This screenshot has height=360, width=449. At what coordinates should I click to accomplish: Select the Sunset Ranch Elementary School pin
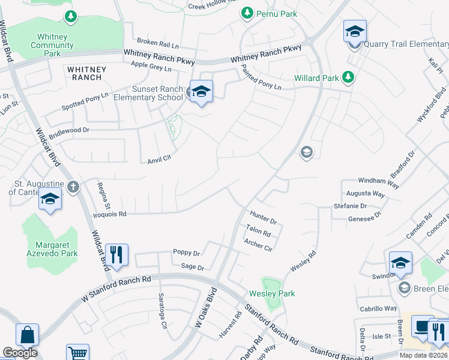(201, 92)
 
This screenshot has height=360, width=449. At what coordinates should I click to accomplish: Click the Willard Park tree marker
(347, 77)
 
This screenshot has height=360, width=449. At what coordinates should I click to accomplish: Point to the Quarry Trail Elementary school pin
(355, 32)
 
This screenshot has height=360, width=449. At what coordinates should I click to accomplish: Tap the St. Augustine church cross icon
(73, 187)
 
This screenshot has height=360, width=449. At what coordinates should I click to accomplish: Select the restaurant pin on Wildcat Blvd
(116, 254)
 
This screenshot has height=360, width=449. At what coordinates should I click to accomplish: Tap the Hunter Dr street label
(263, 217)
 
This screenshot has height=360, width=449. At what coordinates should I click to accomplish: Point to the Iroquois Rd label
(109, 214)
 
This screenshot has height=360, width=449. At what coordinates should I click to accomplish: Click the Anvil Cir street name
(160, 158)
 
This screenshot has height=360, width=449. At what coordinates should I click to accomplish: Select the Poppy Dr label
(185, 253)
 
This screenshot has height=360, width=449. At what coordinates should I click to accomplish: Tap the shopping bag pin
(27, 335)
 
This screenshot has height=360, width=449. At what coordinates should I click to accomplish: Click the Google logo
(20, 353)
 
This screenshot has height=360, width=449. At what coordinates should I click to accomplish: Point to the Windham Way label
(379, 182)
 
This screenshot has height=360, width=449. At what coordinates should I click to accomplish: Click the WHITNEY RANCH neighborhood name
(86, 73)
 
